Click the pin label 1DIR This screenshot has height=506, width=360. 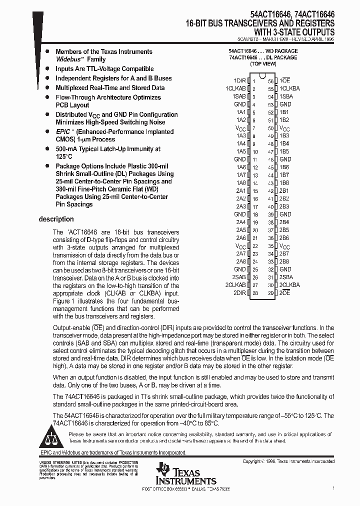[x=239, y=80]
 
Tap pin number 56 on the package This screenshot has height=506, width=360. [x=271, y=80]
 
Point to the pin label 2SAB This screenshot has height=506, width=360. [x=238, y=277]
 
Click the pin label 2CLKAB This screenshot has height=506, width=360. [x=235, y=284]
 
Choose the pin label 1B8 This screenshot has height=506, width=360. [x=284, y=182]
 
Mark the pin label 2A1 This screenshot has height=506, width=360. [x=240, y=190]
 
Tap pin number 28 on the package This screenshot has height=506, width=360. [x=255, y=292]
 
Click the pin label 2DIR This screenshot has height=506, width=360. [x=239, y=292]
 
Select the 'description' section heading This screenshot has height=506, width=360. [x=56, y=219]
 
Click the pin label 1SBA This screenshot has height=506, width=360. [x=286, y=96]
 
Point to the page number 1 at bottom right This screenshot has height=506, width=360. [x=333, y=487]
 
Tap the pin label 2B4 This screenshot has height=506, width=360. [x=284, y=222]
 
